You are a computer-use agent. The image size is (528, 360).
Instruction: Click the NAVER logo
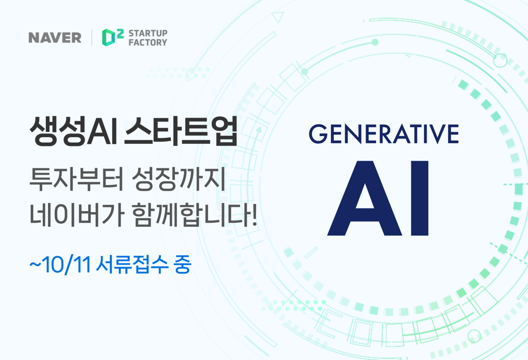[x=55, y=38]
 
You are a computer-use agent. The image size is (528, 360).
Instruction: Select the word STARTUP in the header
[x=148, y=33]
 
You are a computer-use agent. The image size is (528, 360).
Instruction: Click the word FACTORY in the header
[x=148, y=42]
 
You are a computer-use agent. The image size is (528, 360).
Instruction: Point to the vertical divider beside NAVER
[x=92, y=38]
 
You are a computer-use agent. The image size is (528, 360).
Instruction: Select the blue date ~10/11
[x=60, y=266]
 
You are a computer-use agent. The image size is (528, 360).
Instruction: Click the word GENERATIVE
[x=384, y=134]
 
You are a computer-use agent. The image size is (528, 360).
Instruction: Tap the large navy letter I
[x=420, y=198]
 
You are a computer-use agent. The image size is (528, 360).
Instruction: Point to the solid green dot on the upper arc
[x=375, y=42]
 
